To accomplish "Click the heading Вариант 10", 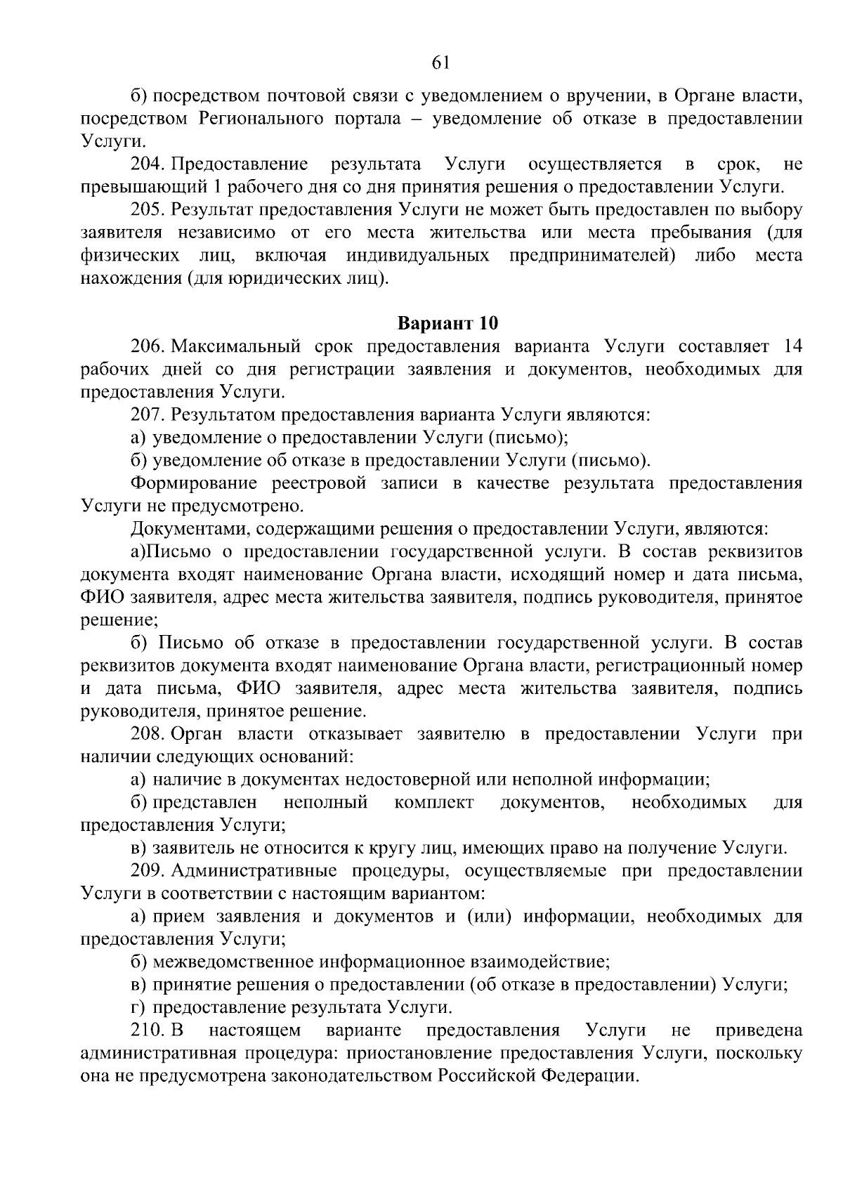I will (447, 324).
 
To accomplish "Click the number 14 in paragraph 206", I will (791, 347).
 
